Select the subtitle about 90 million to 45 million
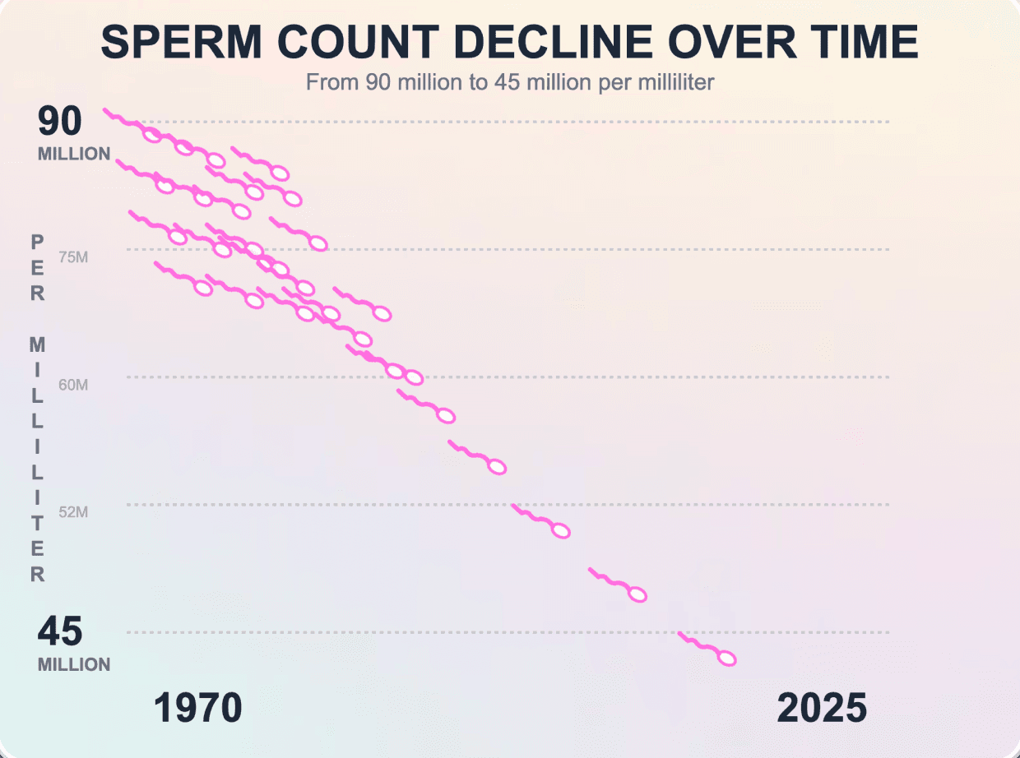[509, 82]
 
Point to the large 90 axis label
[60, 122]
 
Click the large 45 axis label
[60, 632]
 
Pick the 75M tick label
[73, 257]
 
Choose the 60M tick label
[73, 385]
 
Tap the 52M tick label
[73, 512]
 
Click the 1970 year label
[197, 708]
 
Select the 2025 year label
[822, 708]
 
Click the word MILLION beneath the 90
[74, 154]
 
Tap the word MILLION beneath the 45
[74, 664]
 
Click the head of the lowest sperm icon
[726, 659]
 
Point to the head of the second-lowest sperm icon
[637, 594]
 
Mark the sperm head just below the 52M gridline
[561, 531]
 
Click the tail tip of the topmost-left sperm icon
[105, 110]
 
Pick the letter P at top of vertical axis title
[38, 242]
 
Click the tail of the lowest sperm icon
[695, 643]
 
